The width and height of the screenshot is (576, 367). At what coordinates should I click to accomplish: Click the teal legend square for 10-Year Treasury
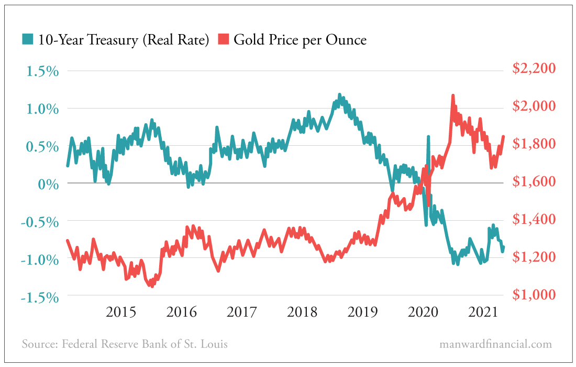point(28,39)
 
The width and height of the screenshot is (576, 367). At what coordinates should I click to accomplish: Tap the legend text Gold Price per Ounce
point(300,40)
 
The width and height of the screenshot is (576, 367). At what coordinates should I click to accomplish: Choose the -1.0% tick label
point(40,260)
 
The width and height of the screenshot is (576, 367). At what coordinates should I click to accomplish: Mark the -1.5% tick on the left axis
point(40,297)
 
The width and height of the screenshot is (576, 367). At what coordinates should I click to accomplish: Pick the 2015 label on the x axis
point(121,312)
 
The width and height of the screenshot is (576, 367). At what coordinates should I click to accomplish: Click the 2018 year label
point(302,312)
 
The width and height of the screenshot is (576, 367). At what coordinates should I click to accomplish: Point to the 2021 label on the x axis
point(483,312)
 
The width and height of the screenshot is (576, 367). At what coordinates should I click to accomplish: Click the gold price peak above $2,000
point(452,96)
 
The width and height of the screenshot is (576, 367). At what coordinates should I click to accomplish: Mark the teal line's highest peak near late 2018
point(339,95)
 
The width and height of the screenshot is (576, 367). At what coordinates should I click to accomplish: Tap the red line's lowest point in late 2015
point(151,286)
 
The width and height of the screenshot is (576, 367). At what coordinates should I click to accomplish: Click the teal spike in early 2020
point(428,137)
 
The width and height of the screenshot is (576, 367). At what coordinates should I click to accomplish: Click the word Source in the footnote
point(39,344)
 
